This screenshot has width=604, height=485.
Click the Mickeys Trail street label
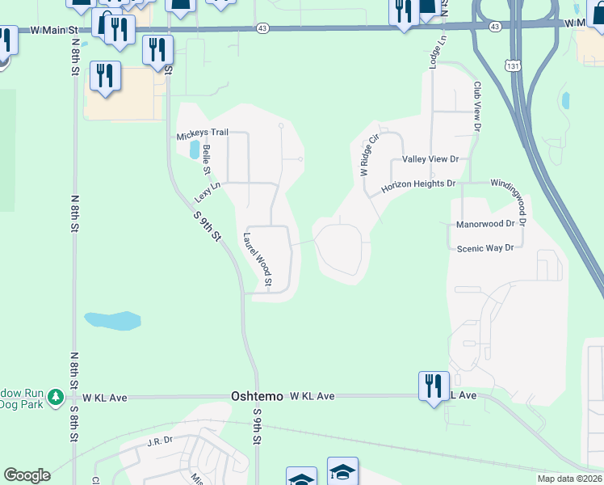click(x=203, y=136)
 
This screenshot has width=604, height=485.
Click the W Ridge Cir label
click(x=368, y=155)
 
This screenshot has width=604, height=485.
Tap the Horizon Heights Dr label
click(x=418, y=184)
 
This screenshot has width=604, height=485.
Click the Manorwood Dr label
click(x=485, y=223)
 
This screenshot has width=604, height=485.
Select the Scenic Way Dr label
click(x=485, y=248)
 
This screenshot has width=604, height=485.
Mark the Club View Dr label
click(x=477, y=106)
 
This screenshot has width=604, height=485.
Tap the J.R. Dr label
click(x=160, y=441)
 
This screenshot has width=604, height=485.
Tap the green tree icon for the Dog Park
click(x=55, y=397)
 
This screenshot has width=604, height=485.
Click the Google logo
click(x=27, y=475)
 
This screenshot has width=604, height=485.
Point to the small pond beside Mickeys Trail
click(x=194, y=150)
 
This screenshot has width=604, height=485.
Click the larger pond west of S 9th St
click(x=112, y=320)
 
